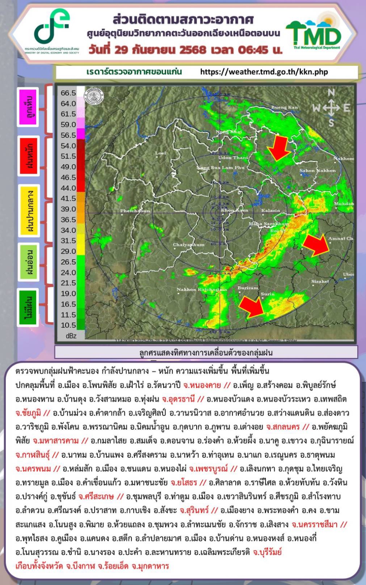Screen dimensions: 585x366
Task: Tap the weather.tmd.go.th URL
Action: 264,72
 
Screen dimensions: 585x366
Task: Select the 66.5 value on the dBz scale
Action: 68,93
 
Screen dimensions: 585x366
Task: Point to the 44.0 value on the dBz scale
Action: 68,188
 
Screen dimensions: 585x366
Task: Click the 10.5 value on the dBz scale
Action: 68,325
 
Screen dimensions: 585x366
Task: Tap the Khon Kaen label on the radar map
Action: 234,210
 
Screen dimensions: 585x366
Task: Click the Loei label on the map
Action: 161,153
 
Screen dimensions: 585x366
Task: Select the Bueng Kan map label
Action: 284,107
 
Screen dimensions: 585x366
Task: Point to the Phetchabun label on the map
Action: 135,211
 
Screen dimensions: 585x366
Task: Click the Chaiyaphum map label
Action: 188,245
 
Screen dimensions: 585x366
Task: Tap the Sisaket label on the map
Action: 320,281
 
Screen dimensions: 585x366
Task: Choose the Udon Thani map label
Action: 233,158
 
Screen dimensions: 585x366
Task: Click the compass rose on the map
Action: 331,107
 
